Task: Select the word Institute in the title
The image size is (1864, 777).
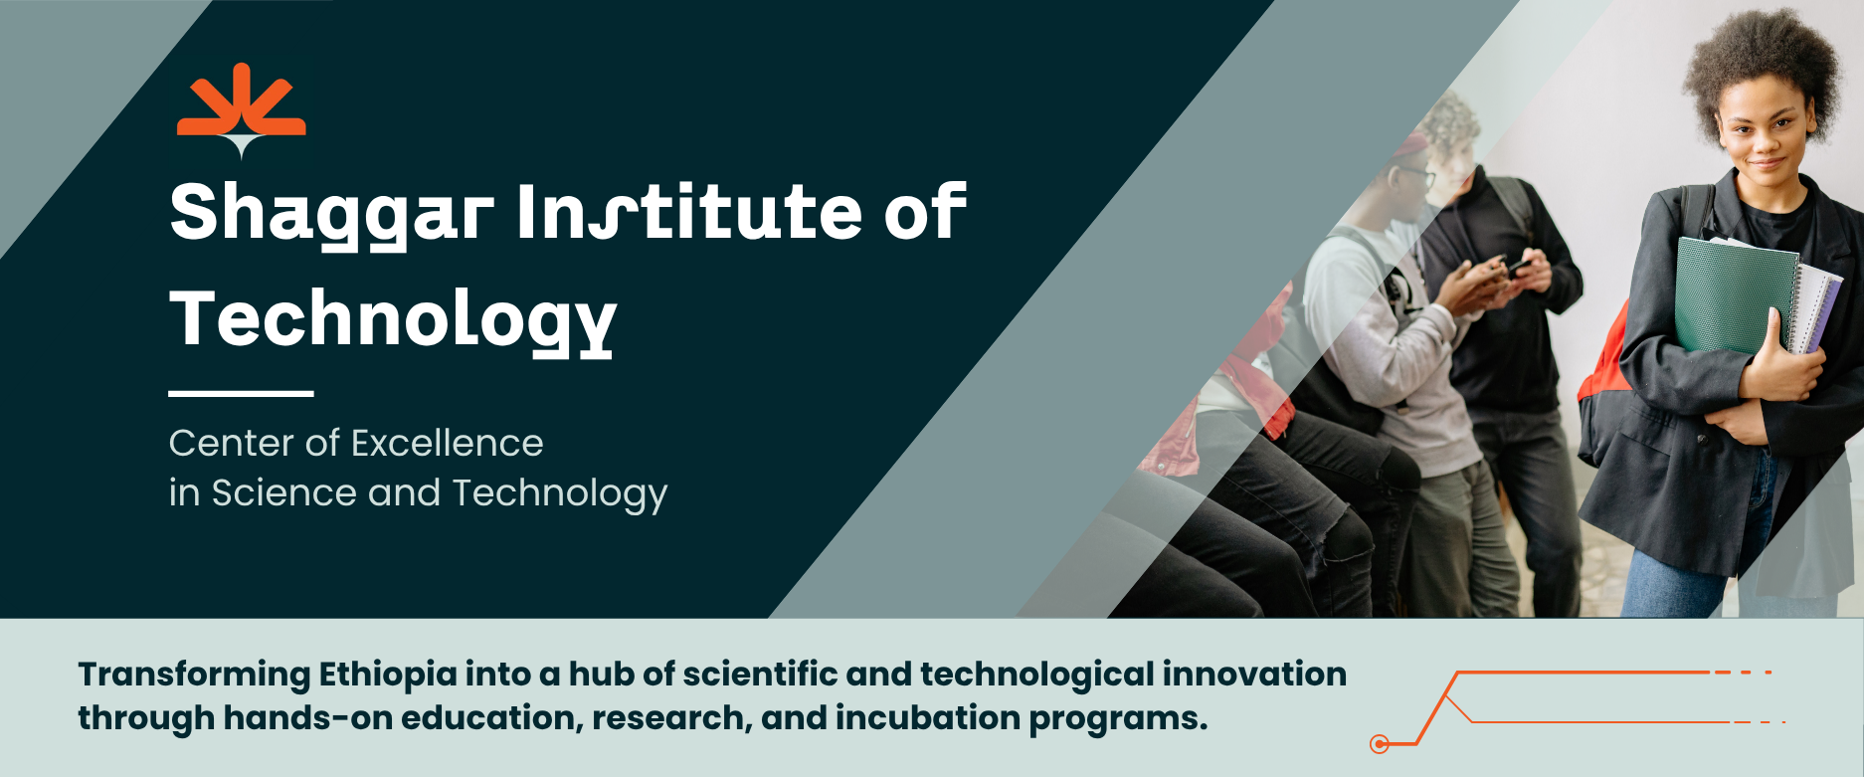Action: [689, 212]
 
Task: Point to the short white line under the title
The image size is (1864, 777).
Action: [241, 394]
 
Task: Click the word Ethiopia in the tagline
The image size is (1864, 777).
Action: [388, 676]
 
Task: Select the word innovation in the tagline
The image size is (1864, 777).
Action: [1254, 674]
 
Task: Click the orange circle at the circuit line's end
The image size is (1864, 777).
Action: [1380, 744]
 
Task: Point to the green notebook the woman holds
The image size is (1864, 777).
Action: [1736, 294]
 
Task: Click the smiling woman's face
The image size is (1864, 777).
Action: [1766, 129]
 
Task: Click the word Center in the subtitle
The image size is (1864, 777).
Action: [231, 443]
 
